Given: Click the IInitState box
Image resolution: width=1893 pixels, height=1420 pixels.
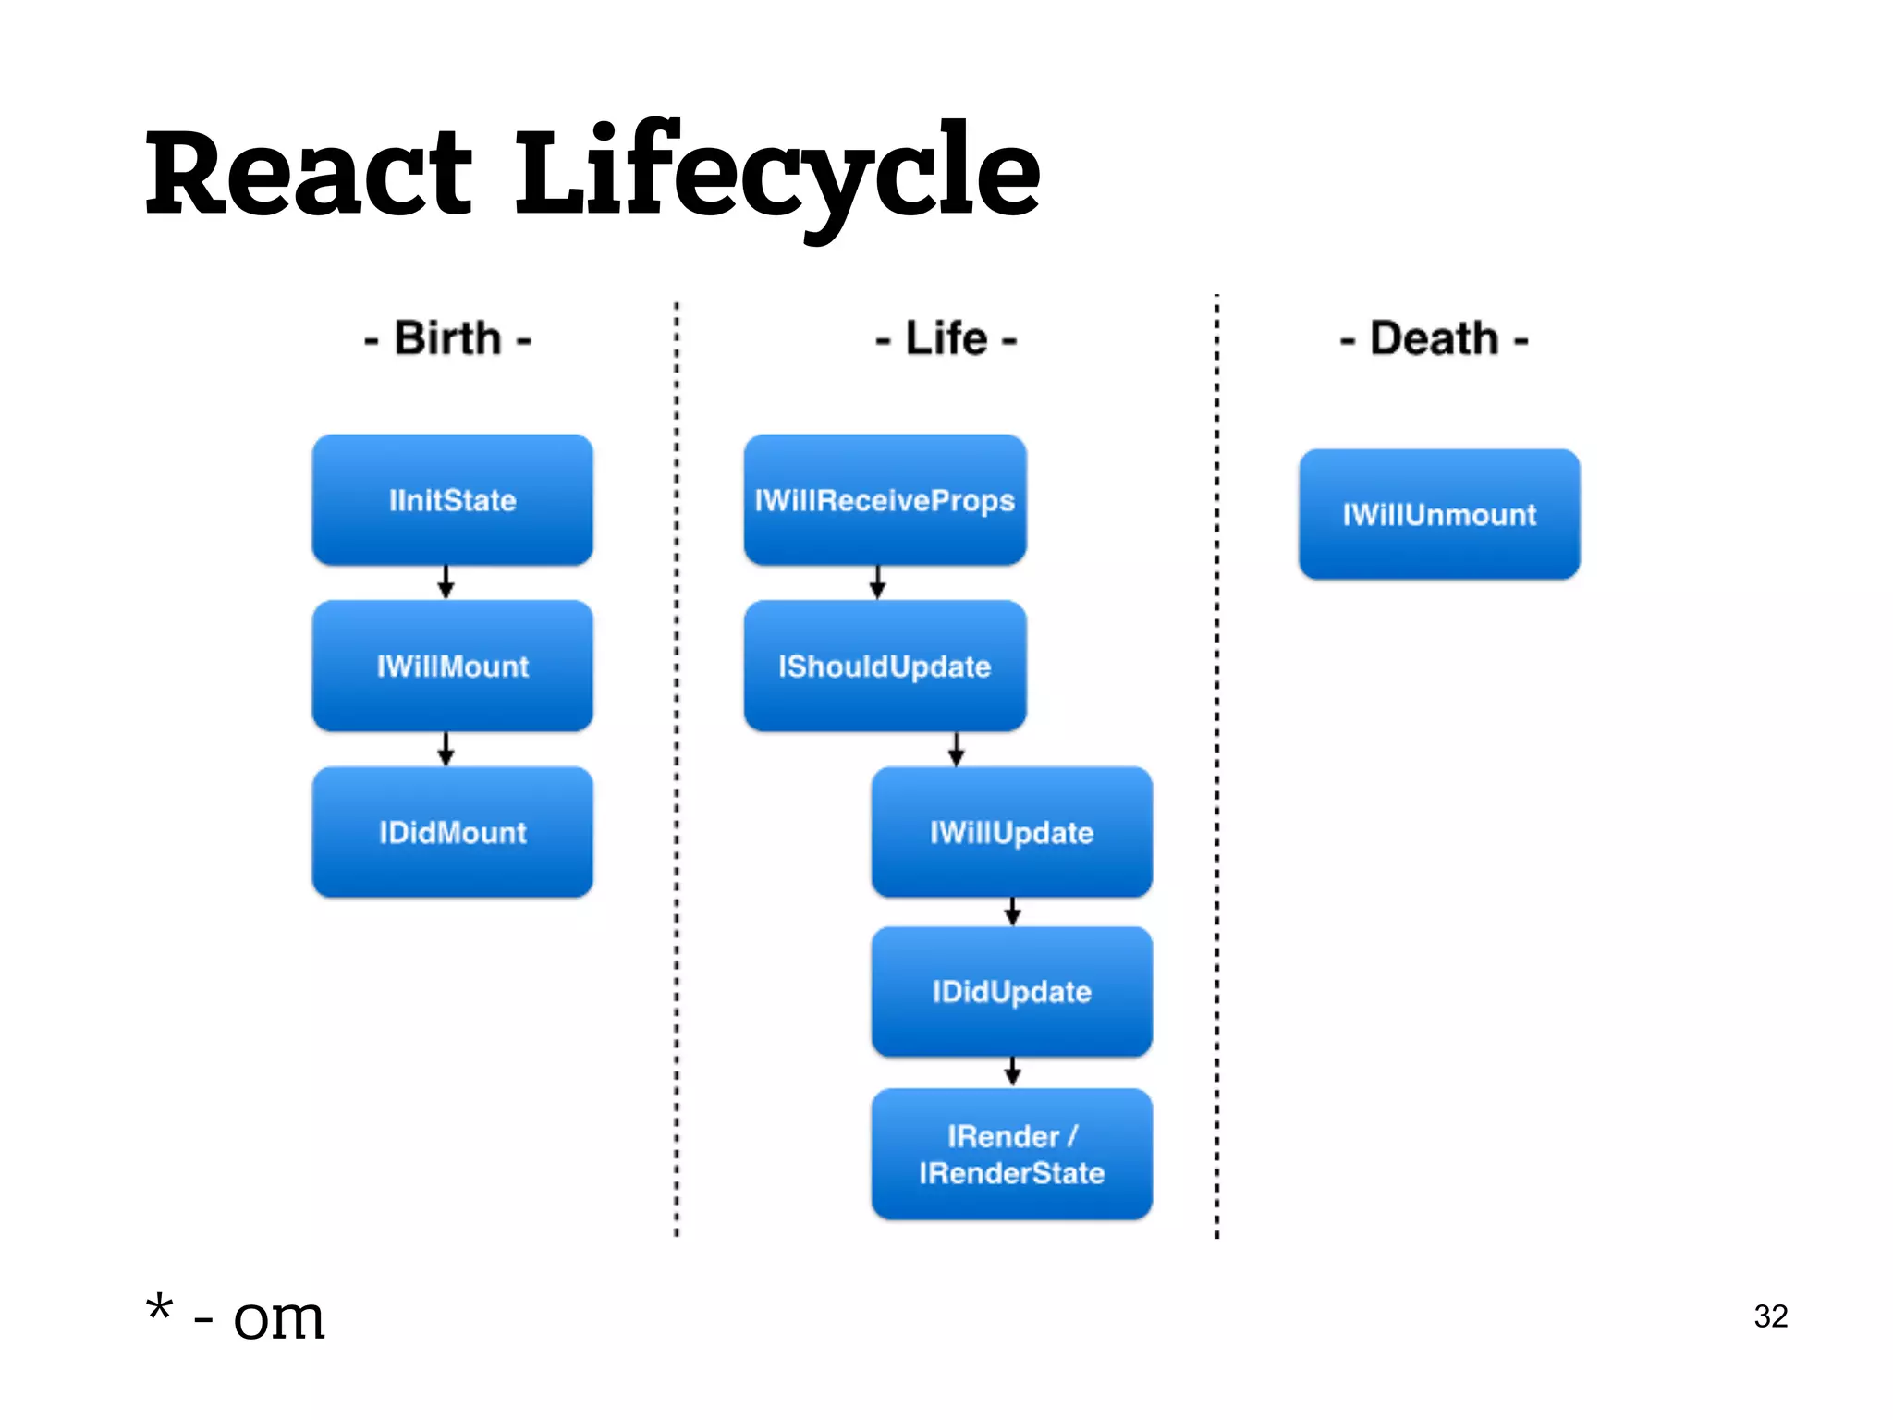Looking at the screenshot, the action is click(x=452, y=500).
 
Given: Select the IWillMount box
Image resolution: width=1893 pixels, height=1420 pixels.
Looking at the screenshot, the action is click(x=452, y=666).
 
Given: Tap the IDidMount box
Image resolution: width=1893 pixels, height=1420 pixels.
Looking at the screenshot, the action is click(x=452, y=832).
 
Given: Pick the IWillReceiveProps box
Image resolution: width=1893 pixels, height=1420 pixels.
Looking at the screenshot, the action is click(x=885, y=500).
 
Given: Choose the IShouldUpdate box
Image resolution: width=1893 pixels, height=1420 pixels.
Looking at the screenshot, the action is click(x=885, y=666).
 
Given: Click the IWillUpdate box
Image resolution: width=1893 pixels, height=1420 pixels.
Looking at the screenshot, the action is click(x=1011, y=832).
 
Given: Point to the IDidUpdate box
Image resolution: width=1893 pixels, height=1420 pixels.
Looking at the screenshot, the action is click(x=1011, y=992).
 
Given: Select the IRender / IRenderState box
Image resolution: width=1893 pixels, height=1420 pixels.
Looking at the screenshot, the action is click(x=1011, y=1154).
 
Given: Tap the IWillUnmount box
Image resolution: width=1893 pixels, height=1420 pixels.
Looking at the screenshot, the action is click(x=1439, y=514).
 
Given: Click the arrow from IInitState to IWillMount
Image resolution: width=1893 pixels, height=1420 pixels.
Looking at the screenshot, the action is click(x=446, y=582).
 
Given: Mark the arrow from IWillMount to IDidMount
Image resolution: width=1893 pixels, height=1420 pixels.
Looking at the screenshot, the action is click(x=446, y=749).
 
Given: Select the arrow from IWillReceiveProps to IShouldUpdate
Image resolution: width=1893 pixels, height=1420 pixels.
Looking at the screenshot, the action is click(x=878, y=582).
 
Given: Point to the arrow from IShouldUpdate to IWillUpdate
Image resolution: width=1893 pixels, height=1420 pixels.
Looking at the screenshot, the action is click(x=957, y=749).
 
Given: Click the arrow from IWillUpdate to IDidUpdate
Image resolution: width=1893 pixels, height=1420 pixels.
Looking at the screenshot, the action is click(x=1013, y=912).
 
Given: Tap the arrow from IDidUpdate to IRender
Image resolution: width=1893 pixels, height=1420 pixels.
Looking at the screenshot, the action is click(x=1013, y=1072).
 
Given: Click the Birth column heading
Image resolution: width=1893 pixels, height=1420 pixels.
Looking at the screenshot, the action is click(x=448, y=338).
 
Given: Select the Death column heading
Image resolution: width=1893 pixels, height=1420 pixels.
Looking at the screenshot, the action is click(x=1434, y=338).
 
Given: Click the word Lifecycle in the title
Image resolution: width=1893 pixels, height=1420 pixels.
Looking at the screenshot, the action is click(x=776, y=174).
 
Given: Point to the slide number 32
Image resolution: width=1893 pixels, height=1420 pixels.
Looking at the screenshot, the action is click(x=1770, y=1316).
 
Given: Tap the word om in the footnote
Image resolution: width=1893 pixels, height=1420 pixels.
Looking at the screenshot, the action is click(x=278, y=1317).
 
